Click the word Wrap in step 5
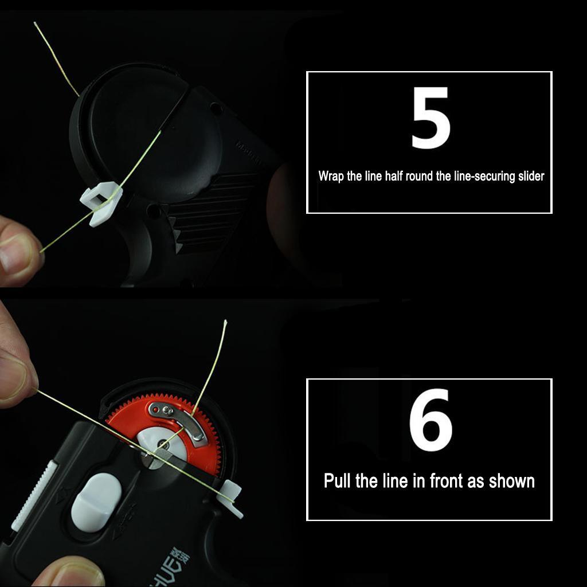point(331,176)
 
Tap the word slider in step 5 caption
point(528,176)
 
